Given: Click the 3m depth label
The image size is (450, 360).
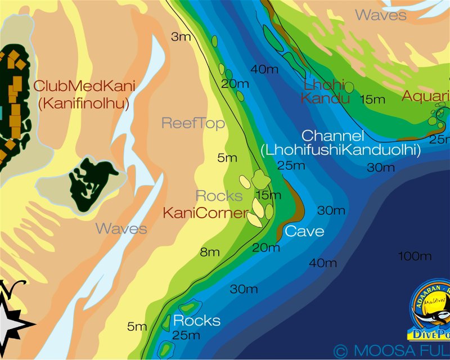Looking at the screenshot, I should (x=181, y=37).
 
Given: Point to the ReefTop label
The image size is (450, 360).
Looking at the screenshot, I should (x=193, y=123).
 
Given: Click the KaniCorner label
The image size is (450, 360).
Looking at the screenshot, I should (x=205, y=213).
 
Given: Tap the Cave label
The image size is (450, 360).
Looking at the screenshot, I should (x=304, y=231).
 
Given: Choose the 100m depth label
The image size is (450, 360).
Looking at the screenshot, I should (x=415, y=256).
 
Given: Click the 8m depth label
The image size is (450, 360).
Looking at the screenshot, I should (x=210, y=253).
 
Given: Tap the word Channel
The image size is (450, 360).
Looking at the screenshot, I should (x=333, y=136).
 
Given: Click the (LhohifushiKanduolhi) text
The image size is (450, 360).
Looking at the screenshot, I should (x=341, y=150).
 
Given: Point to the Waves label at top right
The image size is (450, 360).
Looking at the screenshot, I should (x=381, y=15).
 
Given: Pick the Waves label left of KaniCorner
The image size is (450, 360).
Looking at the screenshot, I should (x=121, y=229).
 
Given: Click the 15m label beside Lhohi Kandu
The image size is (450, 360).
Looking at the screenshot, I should (x=372, y=100).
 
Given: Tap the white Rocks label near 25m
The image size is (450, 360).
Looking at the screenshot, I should (x=196, y=321).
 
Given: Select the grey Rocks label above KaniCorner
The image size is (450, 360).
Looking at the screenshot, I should (x=219, y=196).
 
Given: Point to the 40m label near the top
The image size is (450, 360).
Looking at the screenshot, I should (x=265, y=69).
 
